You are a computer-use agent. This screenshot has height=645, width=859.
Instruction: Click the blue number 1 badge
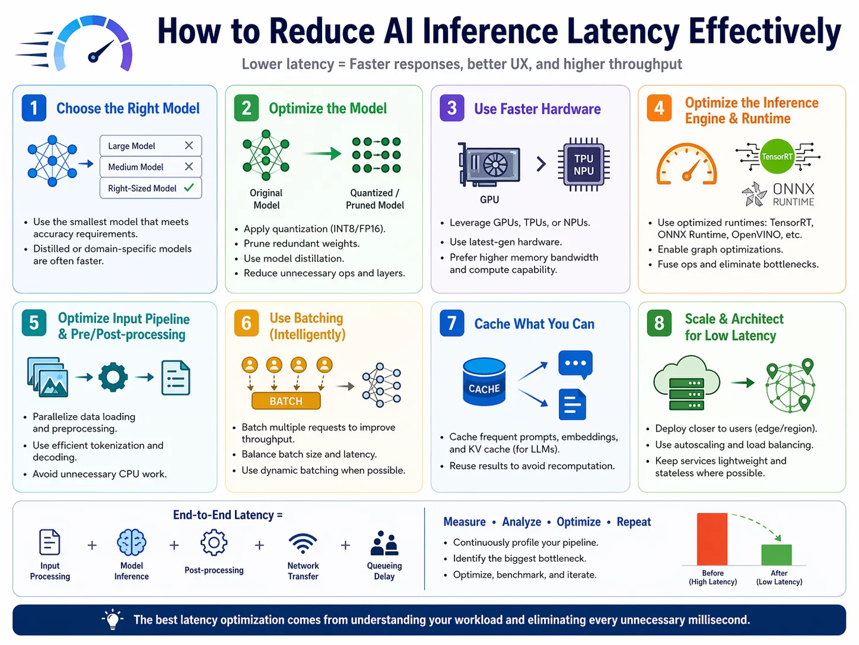[34, 108]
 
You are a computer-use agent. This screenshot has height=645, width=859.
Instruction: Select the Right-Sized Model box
[151, 188]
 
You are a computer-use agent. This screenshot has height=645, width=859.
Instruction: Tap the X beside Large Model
[189, 146]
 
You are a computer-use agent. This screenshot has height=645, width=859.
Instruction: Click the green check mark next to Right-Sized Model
[189, 188]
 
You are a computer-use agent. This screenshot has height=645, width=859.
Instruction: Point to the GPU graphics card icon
[489, 165]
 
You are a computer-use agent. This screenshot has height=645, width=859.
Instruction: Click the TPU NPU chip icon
[583, 165]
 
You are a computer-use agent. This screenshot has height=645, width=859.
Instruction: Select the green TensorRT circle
[777, 157]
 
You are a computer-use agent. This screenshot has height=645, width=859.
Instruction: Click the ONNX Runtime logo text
[793, 194]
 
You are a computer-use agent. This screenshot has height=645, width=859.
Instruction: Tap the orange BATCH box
[286, 401]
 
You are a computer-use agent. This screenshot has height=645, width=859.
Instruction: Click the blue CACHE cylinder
[484, 382]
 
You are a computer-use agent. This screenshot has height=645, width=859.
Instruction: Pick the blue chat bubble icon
[575, 363]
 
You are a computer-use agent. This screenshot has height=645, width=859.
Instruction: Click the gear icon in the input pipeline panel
[113, 377]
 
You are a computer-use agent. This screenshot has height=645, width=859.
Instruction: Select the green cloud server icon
[686, 383]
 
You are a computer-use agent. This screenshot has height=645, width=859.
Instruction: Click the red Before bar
[712, 539]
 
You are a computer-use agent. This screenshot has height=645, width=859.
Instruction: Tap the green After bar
[777, 554]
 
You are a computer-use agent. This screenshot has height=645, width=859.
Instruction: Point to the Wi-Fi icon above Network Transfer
[303, 543]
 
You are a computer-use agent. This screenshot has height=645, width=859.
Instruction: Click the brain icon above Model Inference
[132, 542]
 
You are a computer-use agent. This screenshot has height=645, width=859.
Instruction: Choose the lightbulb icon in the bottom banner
[113, 619]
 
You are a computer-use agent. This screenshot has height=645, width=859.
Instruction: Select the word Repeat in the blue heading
[634, 521]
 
